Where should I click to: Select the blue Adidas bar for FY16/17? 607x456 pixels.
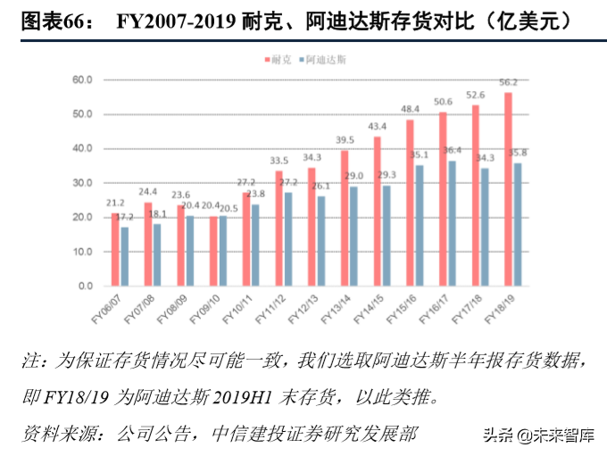pos(454,223)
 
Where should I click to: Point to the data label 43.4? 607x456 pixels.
pos(378,126)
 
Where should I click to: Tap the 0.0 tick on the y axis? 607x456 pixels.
pos(85,286)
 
